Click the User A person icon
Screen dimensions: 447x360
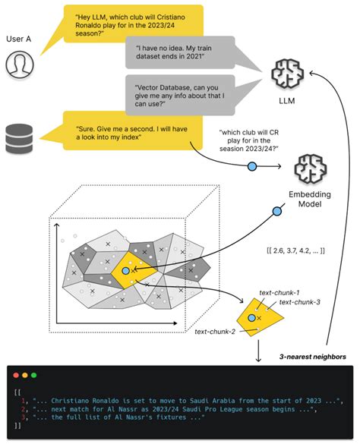21,65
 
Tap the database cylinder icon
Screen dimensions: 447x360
21,137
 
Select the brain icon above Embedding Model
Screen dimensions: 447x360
309,170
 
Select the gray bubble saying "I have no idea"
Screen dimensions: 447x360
180,55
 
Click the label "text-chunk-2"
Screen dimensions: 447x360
215,332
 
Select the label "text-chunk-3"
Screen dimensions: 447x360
300,302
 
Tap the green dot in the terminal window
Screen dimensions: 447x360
33,375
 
